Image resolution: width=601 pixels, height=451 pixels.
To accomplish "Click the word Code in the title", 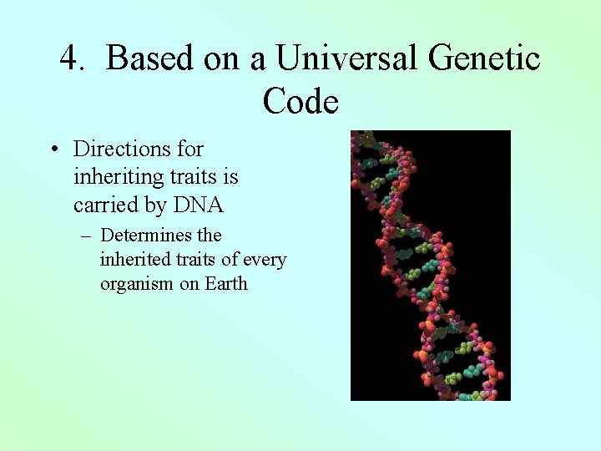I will click(x=300, y=101).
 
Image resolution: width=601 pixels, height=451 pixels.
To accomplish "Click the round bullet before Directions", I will click(x=53, y=150).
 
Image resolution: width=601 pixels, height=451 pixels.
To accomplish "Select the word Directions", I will click(x=121, y=149).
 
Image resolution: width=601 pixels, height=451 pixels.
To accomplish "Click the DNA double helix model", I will click(x=430, y=266).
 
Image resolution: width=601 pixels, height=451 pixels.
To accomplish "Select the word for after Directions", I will click(x=189, y=149).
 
